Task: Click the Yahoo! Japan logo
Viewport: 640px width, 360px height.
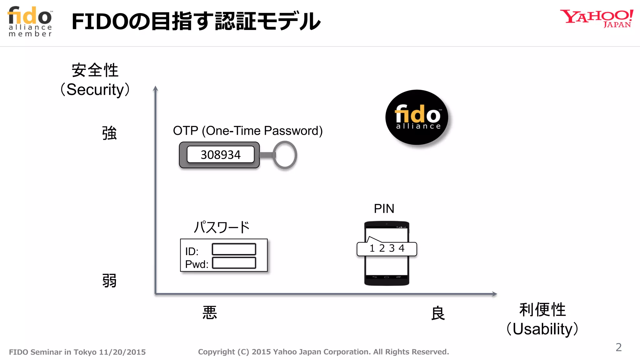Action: click(x=596, y=18)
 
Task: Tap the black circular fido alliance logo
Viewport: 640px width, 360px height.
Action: click(x=417, y=117)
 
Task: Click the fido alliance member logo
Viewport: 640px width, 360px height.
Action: click(x=30, y=22)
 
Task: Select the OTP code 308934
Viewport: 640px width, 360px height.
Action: click(x=221, y=155)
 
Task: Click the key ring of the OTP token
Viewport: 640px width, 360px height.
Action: click(x=285, y=155)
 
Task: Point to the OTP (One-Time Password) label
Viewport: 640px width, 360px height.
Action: click(x=247, y=131)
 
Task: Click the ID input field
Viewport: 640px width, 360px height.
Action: click(x=234, y=249)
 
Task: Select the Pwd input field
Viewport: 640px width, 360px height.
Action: click(x=234, y=263)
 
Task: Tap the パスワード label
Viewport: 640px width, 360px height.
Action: click(x=222, y=227)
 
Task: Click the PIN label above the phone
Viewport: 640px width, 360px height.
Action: click(x=384, y=208)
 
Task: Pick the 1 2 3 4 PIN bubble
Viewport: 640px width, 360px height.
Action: click(x=387, y=249)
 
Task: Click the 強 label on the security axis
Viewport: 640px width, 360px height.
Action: click(x=109, y=133)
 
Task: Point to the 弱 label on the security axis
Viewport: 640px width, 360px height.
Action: click(x=109, y=280)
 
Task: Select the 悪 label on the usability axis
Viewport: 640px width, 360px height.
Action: click(x=210, y=312)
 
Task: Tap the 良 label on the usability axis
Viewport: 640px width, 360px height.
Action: click(x=438, y=313)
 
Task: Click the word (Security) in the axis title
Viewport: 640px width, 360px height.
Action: click(x=95, y=90)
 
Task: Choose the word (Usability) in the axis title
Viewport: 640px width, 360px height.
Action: click(x=542, y=329)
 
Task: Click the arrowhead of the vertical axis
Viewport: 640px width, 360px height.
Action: click(x=155, y=88)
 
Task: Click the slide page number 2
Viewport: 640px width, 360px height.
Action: click(x=619, y=347)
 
